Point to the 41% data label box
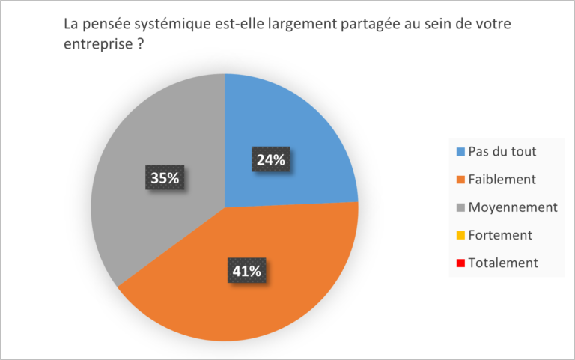click(x=245, y=272)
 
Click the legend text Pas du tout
click(x=502, y=152)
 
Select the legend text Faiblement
click(x=500, y=180)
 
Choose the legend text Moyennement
click(x=511, y=207)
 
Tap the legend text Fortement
click(x=500, y=235)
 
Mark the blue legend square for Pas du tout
click(x=460, y=152)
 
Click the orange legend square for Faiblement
click(x=460, y=180)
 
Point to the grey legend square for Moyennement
click(x=460, y=207)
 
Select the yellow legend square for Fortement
click(x=460, y=235)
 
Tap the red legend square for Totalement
click(x=460, y=263)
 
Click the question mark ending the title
click(x=140, y=44)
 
